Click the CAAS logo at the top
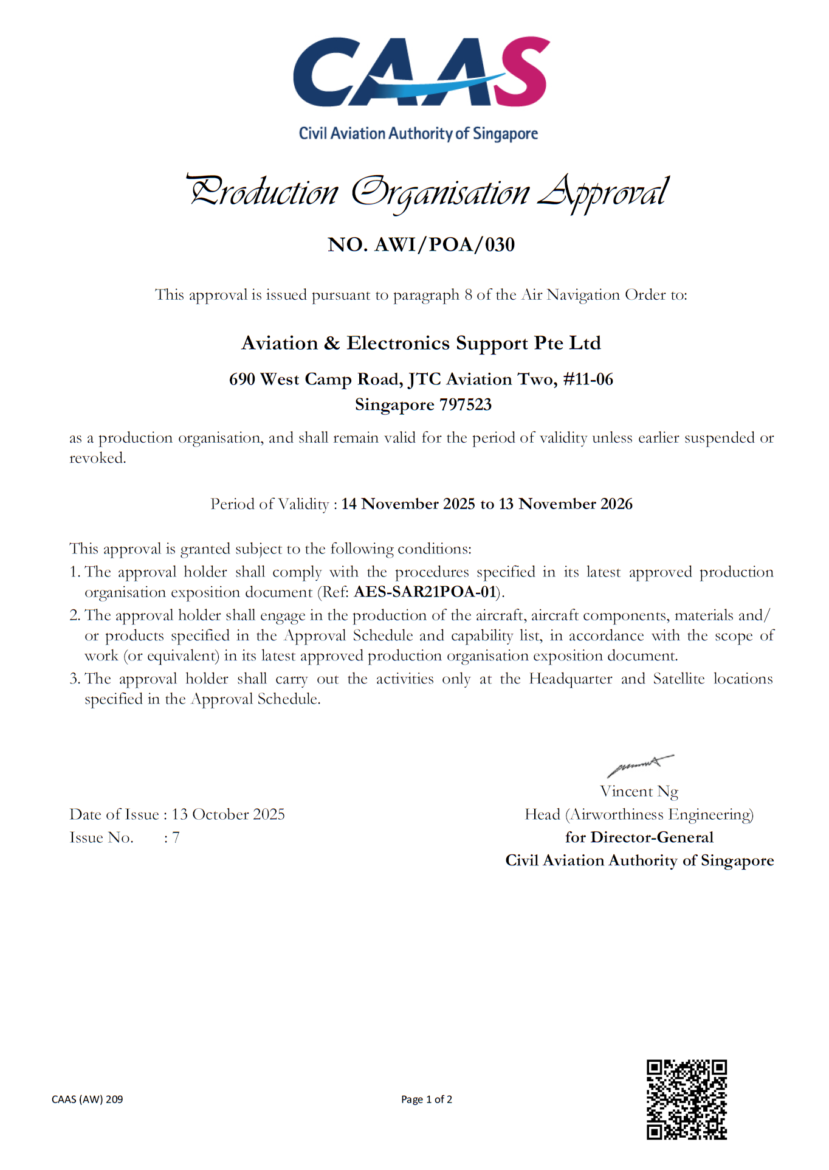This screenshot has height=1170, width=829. tap(421, 72)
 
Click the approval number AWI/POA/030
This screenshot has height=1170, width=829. tap(444, 244)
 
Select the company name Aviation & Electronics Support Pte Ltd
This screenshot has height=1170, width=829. tap(421, 343)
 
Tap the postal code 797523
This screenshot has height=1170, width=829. tap(466, 404)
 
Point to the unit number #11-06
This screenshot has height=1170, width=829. tap(588, 379)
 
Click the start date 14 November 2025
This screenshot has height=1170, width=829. tap(408, 504)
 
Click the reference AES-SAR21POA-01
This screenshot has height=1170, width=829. tap(425, 592)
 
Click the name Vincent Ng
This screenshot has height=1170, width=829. tap(639, 791)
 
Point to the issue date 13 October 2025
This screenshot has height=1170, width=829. tap(228, 814)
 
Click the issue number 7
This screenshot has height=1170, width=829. tap(176, 837)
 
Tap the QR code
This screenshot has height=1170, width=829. tap(686, 1099)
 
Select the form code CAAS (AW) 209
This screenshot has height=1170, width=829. tap(88, 1099)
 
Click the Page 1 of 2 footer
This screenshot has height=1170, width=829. tap(426, 1099)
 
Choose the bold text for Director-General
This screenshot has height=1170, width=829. tap(639, 837)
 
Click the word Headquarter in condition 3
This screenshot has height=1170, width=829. tap(570, 679)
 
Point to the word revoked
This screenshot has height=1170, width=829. tap(97, 458)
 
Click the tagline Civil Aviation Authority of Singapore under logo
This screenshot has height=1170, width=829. tap(418, 134)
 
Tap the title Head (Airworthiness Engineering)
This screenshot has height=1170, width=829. tap(639, 814)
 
